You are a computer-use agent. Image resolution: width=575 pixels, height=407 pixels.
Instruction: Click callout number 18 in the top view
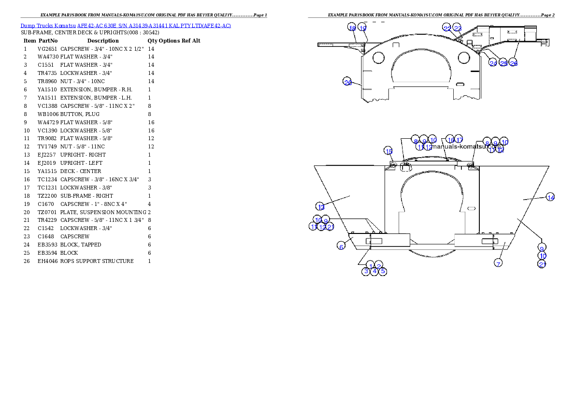352,28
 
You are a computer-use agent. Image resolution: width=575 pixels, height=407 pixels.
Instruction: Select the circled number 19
362,28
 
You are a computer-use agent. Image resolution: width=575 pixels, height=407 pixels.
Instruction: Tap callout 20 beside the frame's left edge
347,82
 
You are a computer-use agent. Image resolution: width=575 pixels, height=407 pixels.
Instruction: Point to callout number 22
447,29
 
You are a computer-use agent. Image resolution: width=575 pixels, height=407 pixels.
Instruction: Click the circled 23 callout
458,29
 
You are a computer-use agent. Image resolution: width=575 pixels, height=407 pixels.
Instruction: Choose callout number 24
493,63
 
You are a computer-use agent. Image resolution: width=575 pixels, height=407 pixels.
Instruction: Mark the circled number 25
503,63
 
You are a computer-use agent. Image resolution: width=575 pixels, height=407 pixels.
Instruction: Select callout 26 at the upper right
514,63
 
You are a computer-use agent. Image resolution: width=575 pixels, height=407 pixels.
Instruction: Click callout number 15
388,151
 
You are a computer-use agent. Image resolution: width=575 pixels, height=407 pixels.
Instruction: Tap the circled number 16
450,140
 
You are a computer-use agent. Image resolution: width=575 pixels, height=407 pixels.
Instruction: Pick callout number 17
459,140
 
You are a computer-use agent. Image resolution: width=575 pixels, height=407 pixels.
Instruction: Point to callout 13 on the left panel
321,207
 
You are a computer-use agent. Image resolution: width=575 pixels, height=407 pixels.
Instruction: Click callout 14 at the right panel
550,197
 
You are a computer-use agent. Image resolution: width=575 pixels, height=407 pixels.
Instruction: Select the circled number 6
341,246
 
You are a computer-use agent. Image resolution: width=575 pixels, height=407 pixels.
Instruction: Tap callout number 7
498,263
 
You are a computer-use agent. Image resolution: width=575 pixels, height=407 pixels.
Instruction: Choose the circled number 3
366,271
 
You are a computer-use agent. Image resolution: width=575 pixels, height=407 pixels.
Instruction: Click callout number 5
383,271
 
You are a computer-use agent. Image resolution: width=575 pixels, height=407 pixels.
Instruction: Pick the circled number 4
374,271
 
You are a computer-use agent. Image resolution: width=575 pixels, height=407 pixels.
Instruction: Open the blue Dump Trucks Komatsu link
125,25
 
